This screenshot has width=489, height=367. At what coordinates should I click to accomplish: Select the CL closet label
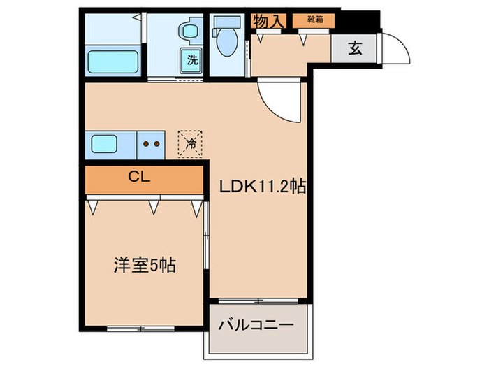point(139,177)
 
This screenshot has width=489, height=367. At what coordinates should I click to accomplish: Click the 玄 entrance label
point(355,49)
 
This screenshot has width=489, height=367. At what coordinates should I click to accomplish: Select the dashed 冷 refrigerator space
point(191,145)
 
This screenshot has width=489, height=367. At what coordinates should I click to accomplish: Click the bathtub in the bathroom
point(111,61)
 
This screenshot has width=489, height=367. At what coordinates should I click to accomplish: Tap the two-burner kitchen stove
point(151,145)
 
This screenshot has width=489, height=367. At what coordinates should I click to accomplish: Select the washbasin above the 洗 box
point(189,31)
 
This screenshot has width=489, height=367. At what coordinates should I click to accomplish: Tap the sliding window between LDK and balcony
point(258,301)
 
